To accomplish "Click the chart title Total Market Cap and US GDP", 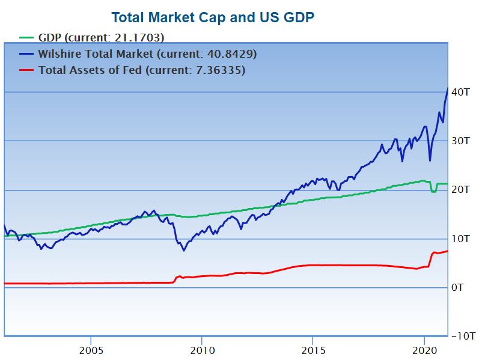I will coord(213,17).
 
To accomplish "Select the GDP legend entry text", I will coord(101,37).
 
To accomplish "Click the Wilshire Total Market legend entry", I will coord(148,54).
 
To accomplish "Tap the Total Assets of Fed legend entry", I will coord(142,70).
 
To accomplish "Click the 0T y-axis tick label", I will coord(457,287).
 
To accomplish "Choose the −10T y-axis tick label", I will coord(463,335).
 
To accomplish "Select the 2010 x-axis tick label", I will coord(202,350).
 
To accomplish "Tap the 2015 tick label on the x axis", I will coord(313,350).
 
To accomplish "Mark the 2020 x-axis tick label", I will coord(424,350).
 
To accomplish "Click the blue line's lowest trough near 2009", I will coord(183,250).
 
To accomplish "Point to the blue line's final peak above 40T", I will coord(447,88).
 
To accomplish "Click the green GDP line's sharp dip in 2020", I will coord(433,191).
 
